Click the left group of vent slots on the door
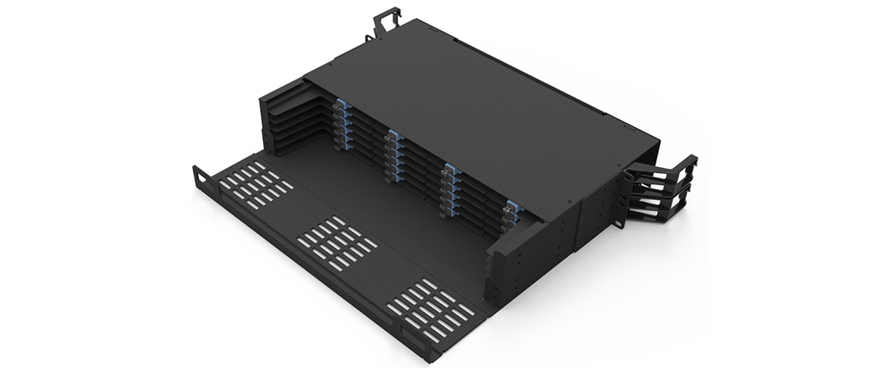click(x=254, y=185)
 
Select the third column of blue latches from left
click(x=451, y=190)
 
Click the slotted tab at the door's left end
click(x=200, y=177)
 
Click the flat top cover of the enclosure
click(x=471, y=103)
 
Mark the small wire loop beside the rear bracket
click(x=366, y=37)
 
